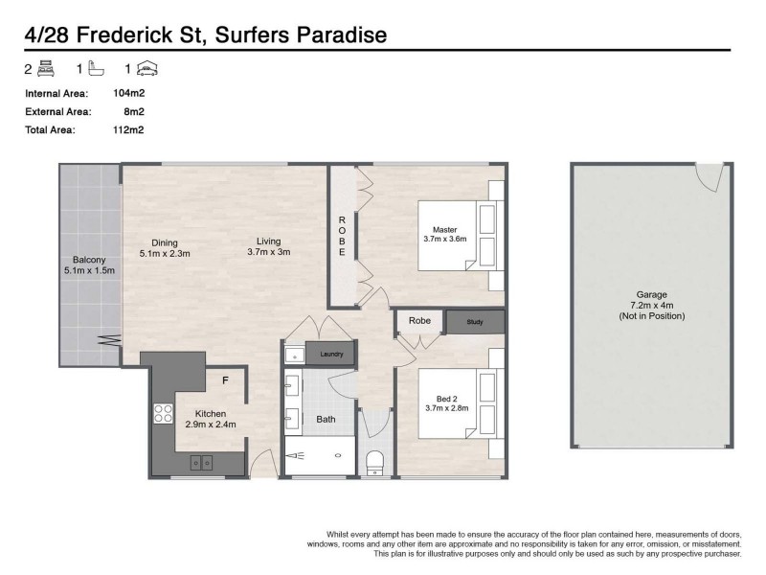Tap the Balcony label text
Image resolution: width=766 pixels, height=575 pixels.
click(88, 260)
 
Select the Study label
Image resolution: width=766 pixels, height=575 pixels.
click(475, 322)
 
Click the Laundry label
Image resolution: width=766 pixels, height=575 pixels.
click(331, 354)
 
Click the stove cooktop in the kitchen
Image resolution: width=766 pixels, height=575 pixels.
click(163, 414)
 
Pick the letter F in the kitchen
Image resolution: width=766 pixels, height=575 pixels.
click(224, 381)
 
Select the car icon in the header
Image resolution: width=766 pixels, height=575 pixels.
click(147, 68)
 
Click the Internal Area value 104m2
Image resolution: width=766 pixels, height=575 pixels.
click(128, 94)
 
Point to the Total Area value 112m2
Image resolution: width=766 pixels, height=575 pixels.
click(128, 130)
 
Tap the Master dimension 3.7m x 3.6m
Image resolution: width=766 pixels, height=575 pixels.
click(444, 240)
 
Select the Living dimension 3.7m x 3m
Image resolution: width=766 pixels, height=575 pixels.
click(268, 252)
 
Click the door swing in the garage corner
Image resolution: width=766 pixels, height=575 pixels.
click(708, 175)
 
